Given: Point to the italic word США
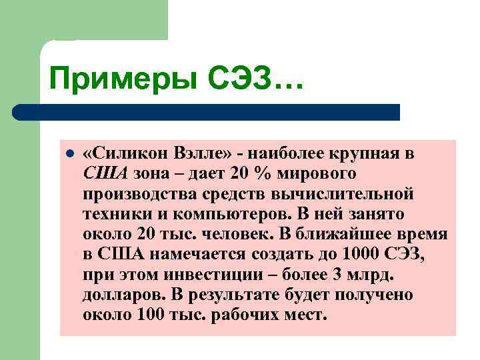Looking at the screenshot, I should [105, 175].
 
